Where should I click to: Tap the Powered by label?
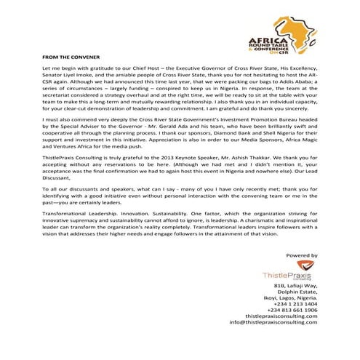[x=302, y=256]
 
